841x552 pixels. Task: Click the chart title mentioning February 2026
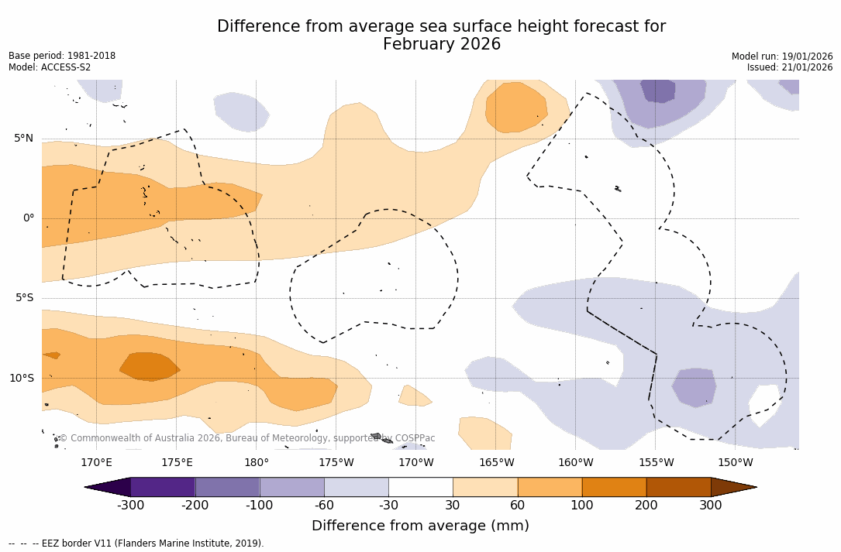(x=441, y=36)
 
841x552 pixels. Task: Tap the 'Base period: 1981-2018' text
(x=62, y=56)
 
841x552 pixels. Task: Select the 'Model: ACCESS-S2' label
(x=50, y=67)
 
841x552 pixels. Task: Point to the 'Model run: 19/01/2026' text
(x=782, y=57)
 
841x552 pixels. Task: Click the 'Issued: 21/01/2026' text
(x=790, y=67)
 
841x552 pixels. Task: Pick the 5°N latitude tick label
(x=24, y=139)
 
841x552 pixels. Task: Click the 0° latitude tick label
(x=29, y=218)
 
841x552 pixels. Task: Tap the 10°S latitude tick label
(x=21, y=379)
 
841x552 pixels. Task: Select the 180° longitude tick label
(x=257, y=463)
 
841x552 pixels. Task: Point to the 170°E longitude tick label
(x=96, y=463)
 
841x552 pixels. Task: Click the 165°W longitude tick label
(x=496, y=463)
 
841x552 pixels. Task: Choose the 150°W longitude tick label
(x=735, y=463)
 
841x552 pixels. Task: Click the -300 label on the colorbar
(x=131, y=506)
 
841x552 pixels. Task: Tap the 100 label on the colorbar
(x=581, y=506)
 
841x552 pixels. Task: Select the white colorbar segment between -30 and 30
(x=420, y=487)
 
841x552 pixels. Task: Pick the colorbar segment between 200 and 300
(x=678, y=487)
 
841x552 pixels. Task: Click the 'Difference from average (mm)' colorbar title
(x=420, y=526)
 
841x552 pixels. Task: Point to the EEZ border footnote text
(x=136, y=543)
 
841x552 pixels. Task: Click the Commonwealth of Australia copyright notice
(x=246, y=438)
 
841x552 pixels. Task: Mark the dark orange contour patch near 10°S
(x=150, y=367)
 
